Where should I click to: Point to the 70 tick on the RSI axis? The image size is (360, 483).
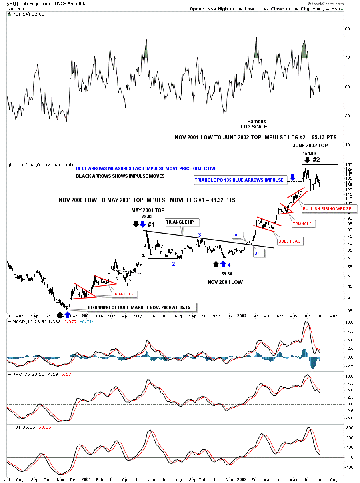348,58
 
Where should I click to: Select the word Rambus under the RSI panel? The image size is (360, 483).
256,122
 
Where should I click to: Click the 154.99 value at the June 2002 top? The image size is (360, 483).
309,154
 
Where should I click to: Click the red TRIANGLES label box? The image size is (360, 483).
122,294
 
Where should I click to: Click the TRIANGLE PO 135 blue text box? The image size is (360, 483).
239,180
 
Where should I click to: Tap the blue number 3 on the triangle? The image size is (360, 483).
199,235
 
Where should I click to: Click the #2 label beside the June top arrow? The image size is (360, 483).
316,159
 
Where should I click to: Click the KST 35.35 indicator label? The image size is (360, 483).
18,427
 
